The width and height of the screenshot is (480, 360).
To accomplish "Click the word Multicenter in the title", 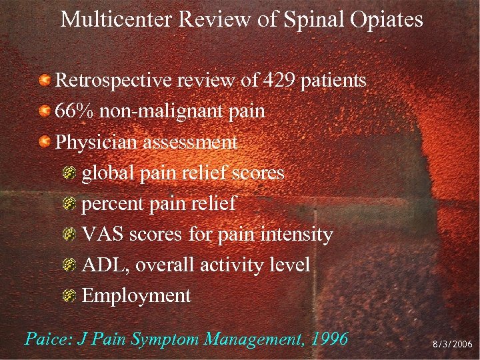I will point(117,19).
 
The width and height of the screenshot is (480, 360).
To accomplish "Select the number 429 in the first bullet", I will point(280,81).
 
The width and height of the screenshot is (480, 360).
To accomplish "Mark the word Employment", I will point(136,295).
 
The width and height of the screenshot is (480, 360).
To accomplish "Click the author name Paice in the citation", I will point(47,339).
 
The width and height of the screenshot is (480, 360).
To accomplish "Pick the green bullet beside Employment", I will point(70,295).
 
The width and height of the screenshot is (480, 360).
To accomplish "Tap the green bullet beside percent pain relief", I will point(70,203).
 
